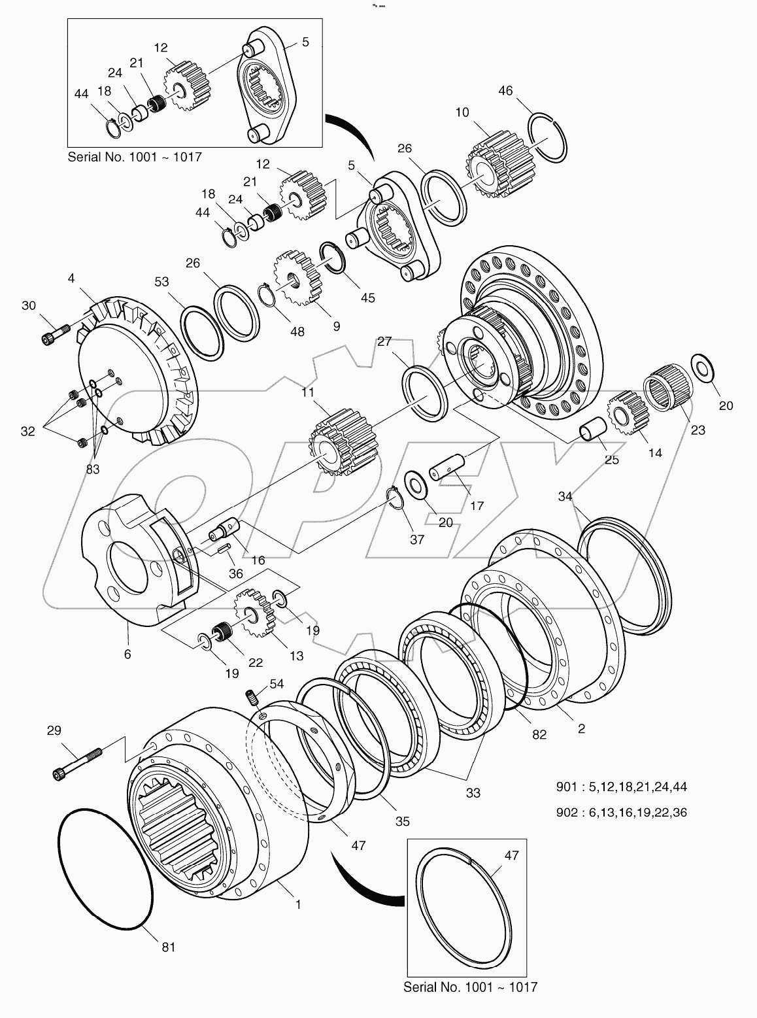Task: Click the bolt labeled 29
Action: (x=77, y=763)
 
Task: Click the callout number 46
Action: (x=505, y=91)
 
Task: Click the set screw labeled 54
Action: (x=250, y=698)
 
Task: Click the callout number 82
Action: (x=539, y=734)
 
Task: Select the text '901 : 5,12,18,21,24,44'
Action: (x=622, y=787)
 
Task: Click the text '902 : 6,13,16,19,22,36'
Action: (x=622, y=813)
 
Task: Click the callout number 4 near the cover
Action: (x=71, y=279)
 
